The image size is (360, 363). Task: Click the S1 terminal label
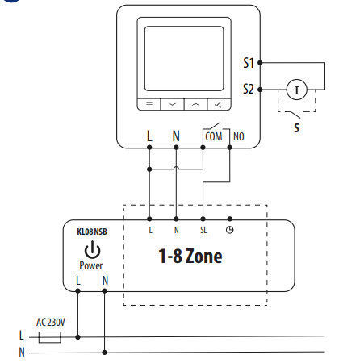pos(249,63)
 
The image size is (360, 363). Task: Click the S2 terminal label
pos(249,89)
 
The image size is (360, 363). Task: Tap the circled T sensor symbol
pos(296,90)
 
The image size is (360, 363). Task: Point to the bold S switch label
pos(296,127)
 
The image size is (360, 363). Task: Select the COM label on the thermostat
pos(214,136)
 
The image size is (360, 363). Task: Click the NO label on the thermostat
pos(239,136)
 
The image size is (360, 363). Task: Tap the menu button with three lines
pos(149,104)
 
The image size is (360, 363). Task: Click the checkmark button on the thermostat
pos(219,104)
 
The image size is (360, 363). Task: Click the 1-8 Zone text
pos(190,256)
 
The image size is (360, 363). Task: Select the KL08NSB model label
pos(92,232)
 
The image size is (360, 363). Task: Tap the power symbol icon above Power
pos(92,249)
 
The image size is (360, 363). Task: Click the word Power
pos(91,265)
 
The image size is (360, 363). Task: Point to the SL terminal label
pos(203,230)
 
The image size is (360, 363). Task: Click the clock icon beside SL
pos(229,230)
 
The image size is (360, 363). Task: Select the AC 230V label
pos(51,322)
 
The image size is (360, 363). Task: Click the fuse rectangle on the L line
pos(49,337)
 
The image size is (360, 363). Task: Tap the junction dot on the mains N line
pos(105,353)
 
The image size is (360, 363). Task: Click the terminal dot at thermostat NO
pos(229,148)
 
